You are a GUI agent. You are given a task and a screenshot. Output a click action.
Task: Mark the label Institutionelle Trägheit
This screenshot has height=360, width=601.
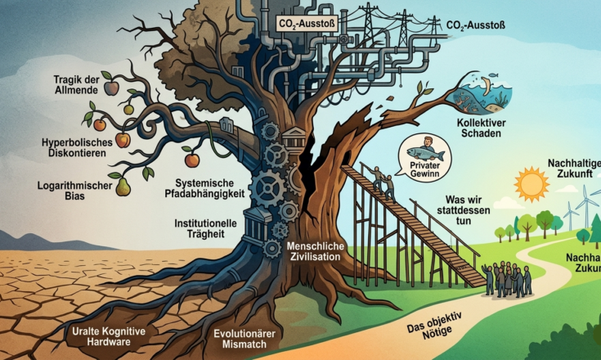click(207, 228)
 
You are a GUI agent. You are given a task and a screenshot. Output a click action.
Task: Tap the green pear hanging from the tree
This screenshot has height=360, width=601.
click(123, 187)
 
